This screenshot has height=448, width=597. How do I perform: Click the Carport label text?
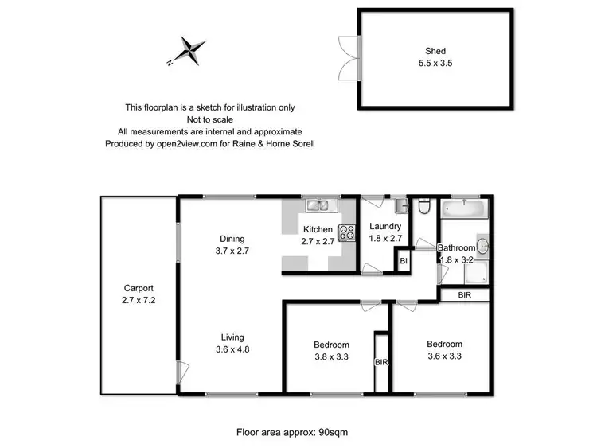point(138,294)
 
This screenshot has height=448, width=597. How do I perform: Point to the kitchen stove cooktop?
point(348,232)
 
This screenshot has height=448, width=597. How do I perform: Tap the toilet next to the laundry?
point(424,208)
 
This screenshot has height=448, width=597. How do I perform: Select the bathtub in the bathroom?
point(463,210)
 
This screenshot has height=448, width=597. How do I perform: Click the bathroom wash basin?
point(482,247)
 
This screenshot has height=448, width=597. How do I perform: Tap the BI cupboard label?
point(404,260)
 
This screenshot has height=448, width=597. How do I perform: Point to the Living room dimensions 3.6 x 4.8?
point(232,349)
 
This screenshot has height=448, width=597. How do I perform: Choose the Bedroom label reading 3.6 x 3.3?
point(444,356)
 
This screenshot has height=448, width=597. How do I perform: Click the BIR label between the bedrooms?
point(380,362)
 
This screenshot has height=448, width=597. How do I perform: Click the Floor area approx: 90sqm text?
point(292,433)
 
